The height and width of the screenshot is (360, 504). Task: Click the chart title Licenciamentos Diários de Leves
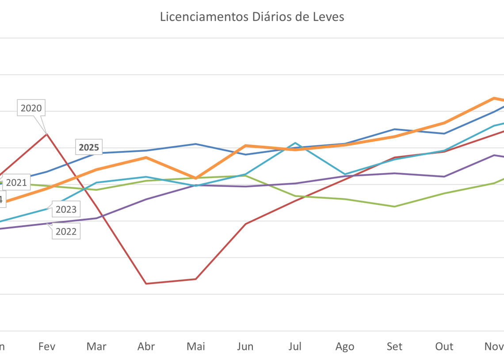coord(252,17)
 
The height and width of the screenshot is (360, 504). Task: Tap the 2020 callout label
coord(31,108)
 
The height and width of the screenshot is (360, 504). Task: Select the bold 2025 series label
coord(89,148)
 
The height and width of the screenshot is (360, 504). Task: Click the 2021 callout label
coord(16,182)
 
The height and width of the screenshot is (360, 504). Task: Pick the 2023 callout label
coord(66,209)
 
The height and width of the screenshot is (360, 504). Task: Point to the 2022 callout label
coord(66,231)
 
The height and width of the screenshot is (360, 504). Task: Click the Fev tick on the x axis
coord(47,347)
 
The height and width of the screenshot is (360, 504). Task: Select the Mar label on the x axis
coord(96,347)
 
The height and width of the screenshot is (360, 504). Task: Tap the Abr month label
coord(146,347)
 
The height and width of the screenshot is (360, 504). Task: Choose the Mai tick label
coord(196,347)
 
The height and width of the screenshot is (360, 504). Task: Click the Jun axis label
coord(245,347)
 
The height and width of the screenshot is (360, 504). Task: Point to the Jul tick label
coord(295,347)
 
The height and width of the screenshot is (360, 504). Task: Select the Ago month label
coord(345,347)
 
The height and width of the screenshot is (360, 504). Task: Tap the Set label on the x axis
coord(394,347)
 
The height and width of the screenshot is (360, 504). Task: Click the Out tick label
coord(444,347)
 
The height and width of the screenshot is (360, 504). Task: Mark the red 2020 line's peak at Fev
coord(47,133)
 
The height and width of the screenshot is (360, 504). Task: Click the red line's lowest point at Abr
coord(146,283)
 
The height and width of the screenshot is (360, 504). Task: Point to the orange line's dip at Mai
coord(196,178)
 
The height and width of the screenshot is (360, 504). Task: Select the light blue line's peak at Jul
coord(295,143)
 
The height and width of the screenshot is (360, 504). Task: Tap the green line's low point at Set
coord(394,206)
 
